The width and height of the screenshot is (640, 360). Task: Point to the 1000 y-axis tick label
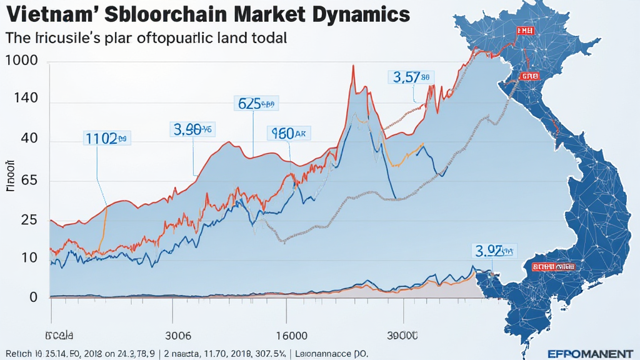click(x=21, y=61)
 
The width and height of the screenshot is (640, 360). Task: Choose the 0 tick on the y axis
click(x=16, y=297)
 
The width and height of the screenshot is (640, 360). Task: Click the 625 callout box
click(x=256, y=103)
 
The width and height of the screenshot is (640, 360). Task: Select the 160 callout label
click(x=288, y=132)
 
